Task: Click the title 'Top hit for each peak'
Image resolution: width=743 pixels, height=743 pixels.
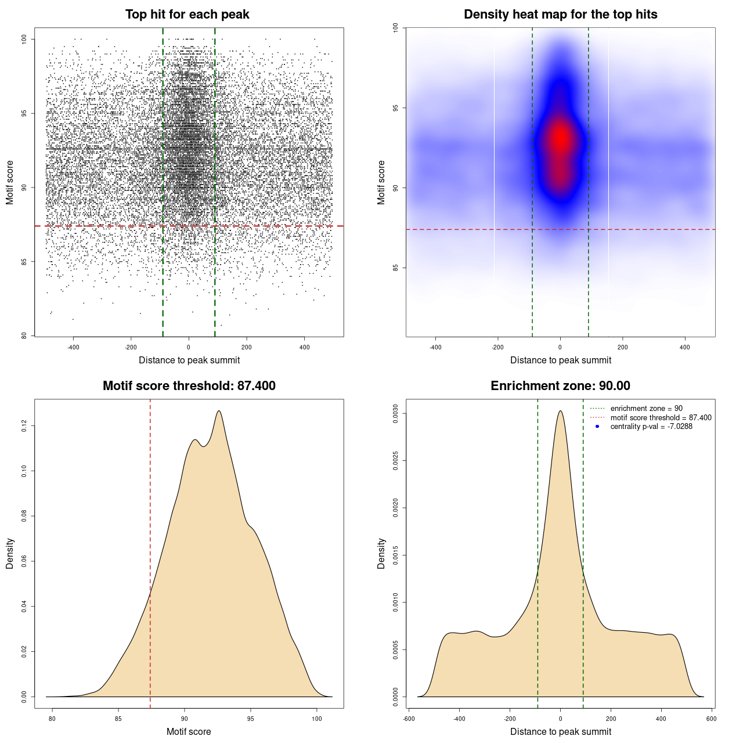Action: point(187,15)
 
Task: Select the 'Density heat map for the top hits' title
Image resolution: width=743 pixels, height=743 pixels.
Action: point(560,15)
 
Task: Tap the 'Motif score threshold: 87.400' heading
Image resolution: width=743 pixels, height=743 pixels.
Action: point(189,386)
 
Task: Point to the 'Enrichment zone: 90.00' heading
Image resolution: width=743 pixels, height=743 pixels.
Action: point(560,386)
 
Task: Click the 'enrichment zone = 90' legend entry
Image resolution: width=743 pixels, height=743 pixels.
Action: point(646,409)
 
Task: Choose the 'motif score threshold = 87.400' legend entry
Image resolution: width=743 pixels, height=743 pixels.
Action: point(661,417)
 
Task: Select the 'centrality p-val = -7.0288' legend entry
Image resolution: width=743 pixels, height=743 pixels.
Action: point(651,427)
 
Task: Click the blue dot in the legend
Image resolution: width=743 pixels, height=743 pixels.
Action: point(597,427)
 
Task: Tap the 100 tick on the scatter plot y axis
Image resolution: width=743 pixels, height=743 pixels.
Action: point(24,39)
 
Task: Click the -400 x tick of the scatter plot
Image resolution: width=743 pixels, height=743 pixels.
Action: point(73,347)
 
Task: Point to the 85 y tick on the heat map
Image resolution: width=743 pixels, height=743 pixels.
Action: point(396,268)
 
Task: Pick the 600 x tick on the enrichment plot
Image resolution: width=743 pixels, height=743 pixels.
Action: point(711,719)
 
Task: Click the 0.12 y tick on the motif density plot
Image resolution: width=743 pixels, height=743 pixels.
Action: point(24,426)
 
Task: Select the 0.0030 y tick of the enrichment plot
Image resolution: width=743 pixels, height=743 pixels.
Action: point(396,414)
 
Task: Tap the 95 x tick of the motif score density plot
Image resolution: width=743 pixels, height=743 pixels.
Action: point(251,719)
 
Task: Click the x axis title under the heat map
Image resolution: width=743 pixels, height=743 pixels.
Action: point(560,360)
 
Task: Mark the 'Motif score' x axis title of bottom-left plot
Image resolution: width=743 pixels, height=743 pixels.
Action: point(189,731)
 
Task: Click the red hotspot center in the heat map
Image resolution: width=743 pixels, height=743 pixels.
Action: point(560,138)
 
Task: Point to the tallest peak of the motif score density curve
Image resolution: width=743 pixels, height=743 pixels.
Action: point(219,411)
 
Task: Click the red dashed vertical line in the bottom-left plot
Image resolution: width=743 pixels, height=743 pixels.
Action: point(150,551)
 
